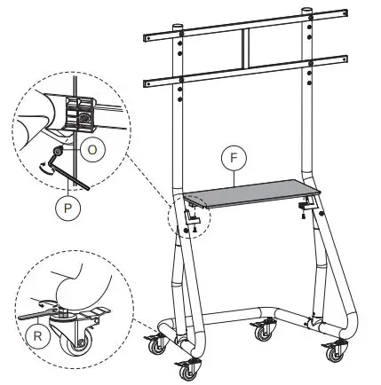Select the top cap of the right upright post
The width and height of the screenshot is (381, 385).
coord(308,12)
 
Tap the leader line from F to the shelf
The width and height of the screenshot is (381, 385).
coord(235,177)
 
